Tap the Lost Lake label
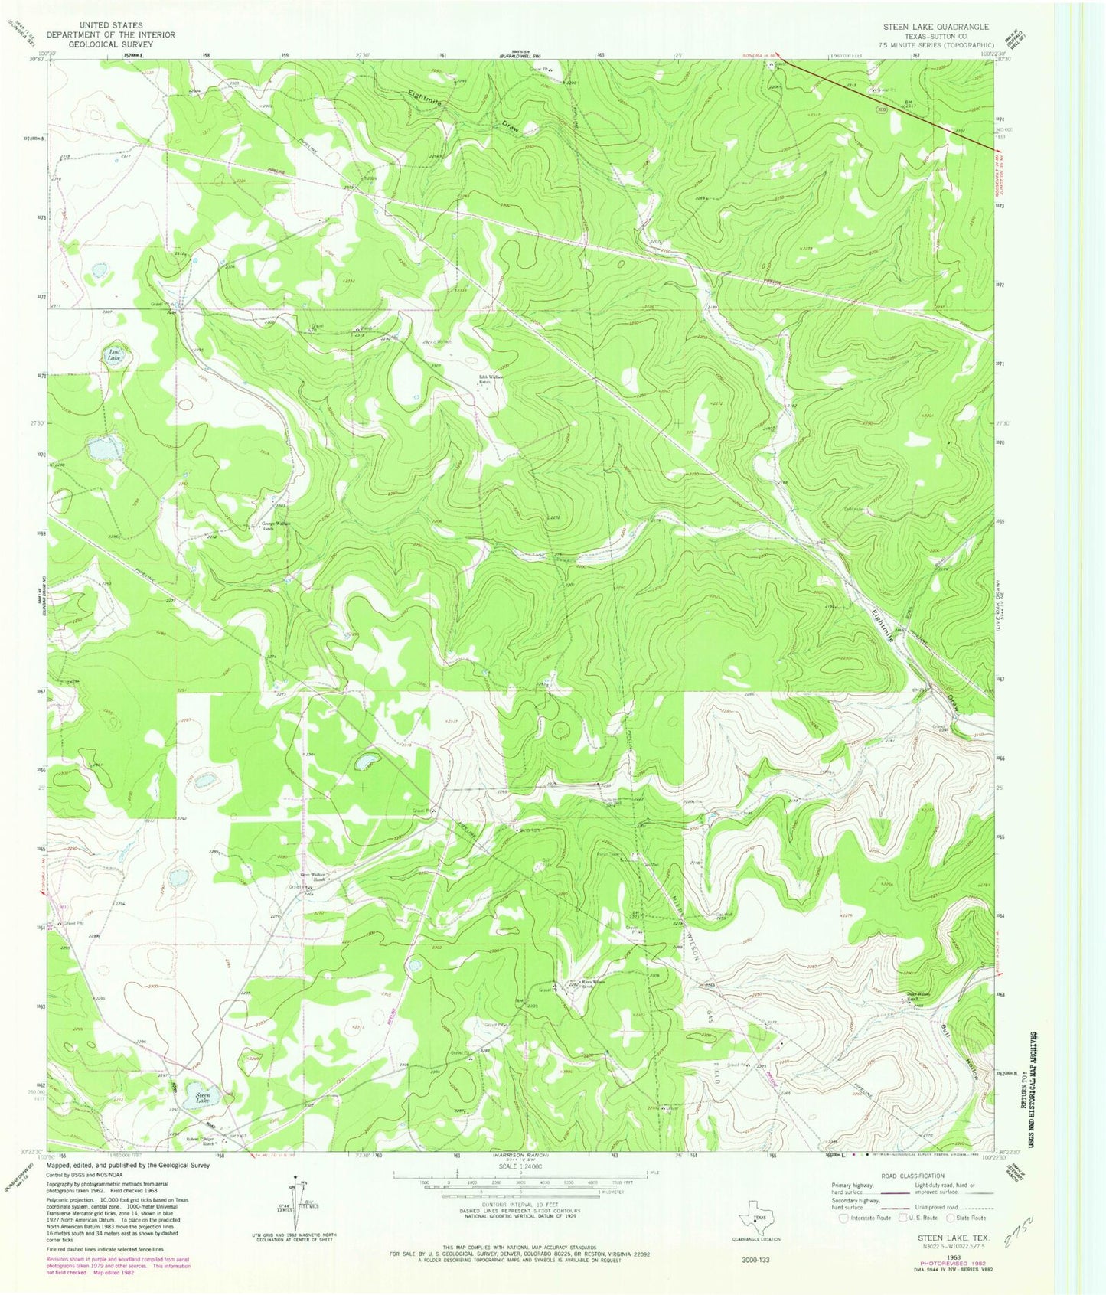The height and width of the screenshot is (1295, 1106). click(114, 355)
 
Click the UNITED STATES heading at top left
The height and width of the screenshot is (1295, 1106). click(109, 25)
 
